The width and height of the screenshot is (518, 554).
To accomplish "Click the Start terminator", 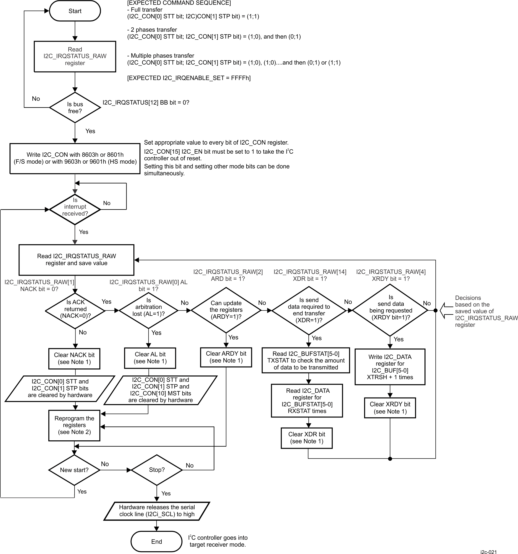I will [75, 11].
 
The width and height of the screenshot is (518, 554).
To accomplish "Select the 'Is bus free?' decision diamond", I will [75, 108].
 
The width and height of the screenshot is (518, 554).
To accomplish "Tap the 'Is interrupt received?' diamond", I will [75, 209].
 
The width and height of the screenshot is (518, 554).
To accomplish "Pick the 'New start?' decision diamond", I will [74, 470].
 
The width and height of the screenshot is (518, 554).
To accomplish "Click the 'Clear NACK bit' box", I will [74, 358].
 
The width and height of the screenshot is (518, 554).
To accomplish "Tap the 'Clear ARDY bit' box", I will [226, 357].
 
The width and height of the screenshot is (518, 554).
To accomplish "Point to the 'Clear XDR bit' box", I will [307, 438].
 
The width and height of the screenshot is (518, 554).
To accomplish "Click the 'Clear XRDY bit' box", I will [390, 408].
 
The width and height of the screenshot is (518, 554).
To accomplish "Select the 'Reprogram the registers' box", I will [74, 425].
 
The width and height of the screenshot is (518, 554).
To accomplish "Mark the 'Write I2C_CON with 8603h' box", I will [75, 158].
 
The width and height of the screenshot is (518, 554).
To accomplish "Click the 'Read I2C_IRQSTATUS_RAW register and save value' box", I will [76, 259].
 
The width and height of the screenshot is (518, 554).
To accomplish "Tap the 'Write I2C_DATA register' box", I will [390, 367].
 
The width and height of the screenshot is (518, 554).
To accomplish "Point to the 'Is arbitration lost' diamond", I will [149, 310].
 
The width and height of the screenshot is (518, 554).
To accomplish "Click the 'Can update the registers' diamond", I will [226, 310].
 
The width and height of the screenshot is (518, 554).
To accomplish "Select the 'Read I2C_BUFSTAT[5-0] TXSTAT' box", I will [306, 360].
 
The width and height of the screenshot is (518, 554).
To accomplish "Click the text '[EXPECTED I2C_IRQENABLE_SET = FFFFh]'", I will [189, 78].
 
